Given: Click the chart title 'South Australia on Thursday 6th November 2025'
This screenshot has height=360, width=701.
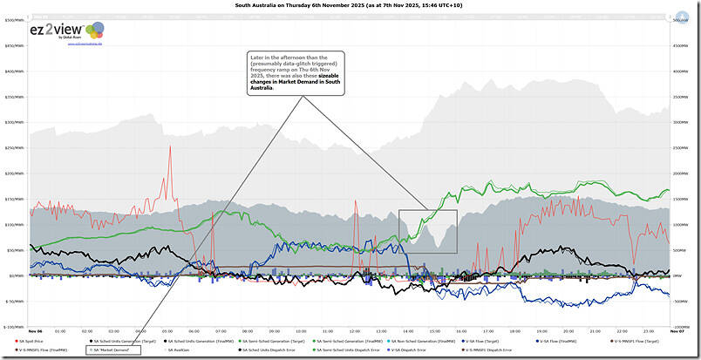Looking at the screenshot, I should tap(350, 4).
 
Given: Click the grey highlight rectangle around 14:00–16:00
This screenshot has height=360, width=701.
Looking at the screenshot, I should tap(427, 231).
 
